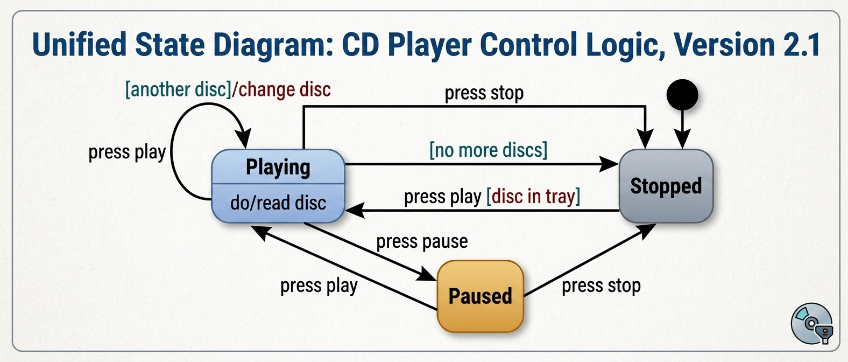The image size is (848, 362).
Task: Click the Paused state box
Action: (480, 296)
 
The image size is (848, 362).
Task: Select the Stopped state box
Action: (666, 186)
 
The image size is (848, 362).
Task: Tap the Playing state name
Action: (278, 167)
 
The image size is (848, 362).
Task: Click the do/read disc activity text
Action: (278, 203)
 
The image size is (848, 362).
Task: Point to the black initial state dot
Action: (682, 95)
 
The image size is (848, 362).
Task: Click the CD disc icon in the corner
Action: (811, 323)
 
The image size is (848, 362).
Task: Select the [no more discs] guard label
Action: (489, 150)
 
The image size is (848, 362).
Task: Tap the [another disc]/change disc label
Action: (228, 90)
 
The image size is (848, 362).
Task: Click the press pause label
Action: (422, 242)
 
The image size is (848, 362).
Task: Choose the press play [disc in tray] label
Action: (492, 197)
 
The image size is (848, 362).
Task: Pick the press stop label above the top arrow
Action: (484, 93)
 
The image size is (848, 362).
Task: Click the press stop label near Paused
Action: (601, 286)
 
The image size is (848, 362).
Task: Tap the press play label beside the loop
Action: (127, 152)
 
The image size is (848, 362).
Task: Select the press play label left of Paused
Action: (319, 286)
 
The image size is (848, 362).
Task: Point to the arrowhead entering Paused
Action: (426, 274)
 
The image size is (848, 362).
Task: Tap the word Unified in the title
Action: (80, 45)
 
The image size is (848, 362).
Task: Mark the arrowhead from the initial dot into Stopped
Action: (682, 139)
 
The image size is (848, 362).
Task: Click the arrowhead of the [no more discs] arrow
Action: (609, 164)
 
